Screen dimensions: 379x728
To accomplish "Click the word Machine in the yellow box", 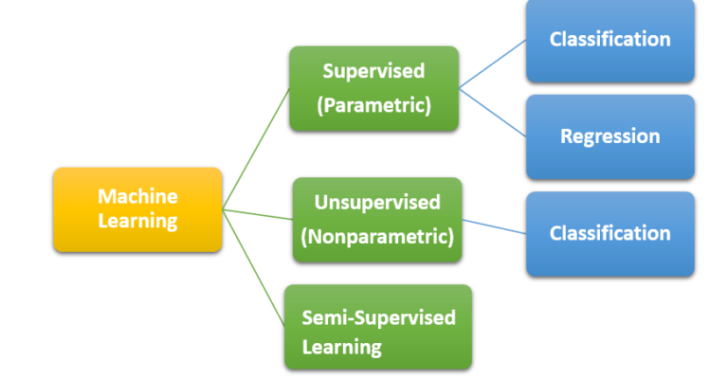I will [x=137, y=196].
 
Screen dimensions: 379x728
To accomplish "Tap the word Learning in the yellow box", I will [x=137, y=221].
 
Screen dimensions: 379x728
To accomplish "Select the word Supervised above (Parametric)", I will [x=373, y=71].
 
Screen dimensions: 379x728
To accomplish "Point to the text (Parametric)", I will [x=373, y=105].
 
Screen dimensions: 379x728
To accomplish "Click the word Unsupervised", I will [x=377, y=202].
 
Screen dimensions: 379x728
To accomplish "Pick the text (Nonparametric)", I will [x=377, y=236].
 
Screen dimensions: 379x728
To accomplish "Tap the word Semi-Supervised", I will [x=378, y=316].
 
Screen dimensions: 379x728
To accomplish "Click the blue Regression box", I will [x=610, y=136].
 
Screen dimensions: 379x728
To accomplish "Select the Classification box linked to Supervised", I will [x=610, y=40].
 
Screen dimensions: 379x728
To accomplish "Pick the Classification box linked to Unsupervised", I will [x=610, y=233].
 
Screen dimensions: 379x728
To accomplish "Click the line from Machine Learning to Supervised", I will [x=256, y=150].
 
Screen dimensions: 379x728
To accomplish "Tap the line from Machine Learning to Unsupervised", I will [x=257, y=214].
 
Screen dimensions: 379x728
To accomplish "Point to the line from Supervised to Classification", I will [x=493, y=65].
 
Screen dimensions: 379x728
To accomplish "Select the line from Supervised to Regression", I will [x=493, y=113].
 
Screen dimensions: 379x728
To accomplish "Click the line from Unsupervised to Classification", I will [x=495, y=227].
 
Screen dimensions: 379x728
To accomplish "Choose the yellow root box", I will [x=137, y=209].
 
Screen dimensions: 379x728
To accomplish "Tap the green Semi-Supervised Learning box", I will [x=377, y=327].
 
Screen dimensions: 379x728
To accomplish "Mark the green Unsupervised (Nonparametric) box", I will [x=377, y=220].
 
